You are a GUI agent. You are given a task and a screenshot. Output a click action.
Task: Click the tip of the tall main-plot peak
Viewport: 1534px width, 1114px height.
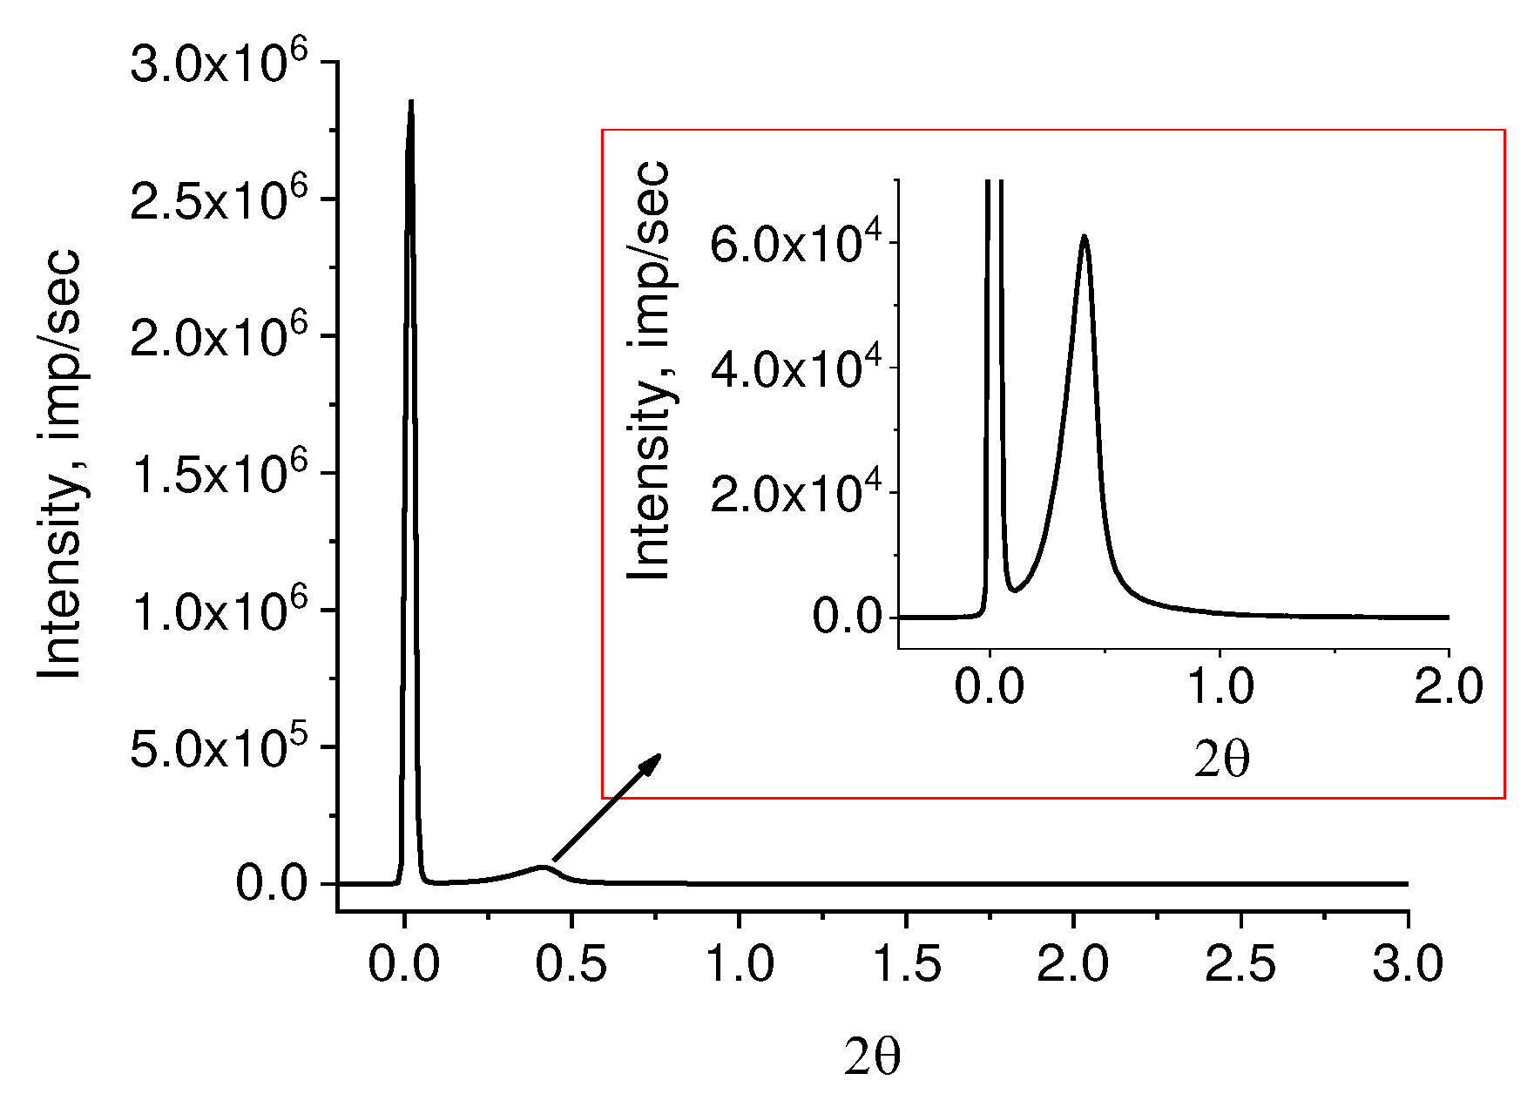pyautogui.click(x=411, y=102)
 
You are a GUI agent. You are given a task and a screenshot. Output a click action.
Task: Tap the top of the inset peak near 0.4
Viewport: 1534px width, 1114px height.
pyautogui.click(x=1084, y=236)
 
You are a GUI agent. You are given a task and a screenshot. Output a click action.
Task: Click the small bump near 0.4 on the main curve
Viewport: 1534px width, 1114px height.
pyautogui.click(x=544, y=867)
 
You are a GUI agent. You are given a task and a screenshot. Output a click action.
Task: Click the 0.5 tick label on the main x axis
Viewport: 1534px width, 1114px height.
pyautogui.click(x=571, y=965)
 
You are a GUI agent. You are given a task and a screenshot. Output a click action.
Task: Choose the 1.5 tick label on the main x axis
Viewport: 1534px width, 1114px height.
pyautogui.click(x=906, y=965)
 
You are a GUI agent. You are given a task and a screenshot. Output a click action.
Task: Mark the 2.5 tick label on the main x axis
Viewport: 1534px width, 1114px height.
pyautogui.click(x=1240, y=965)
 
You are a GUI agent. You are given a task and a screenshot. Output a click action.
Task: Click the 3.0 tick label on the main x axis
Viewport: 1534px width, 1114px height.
pyautogui.click(x=1408, y=965)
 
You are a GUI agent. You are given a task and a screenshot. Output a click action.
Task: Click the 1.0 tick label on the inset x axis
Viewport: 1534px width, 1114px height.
pyautogui.click(x=1220, y=686)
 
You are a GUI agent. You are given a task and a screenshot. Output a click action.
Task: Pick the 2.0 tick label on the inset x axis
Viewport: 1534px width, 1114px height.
pyautogui.click(x=1448, y=686)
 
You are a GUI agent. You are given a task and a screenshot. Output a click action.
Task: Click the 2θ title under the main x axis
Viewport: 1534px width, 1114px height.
pyautogui.click(x=872, y=1057)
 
